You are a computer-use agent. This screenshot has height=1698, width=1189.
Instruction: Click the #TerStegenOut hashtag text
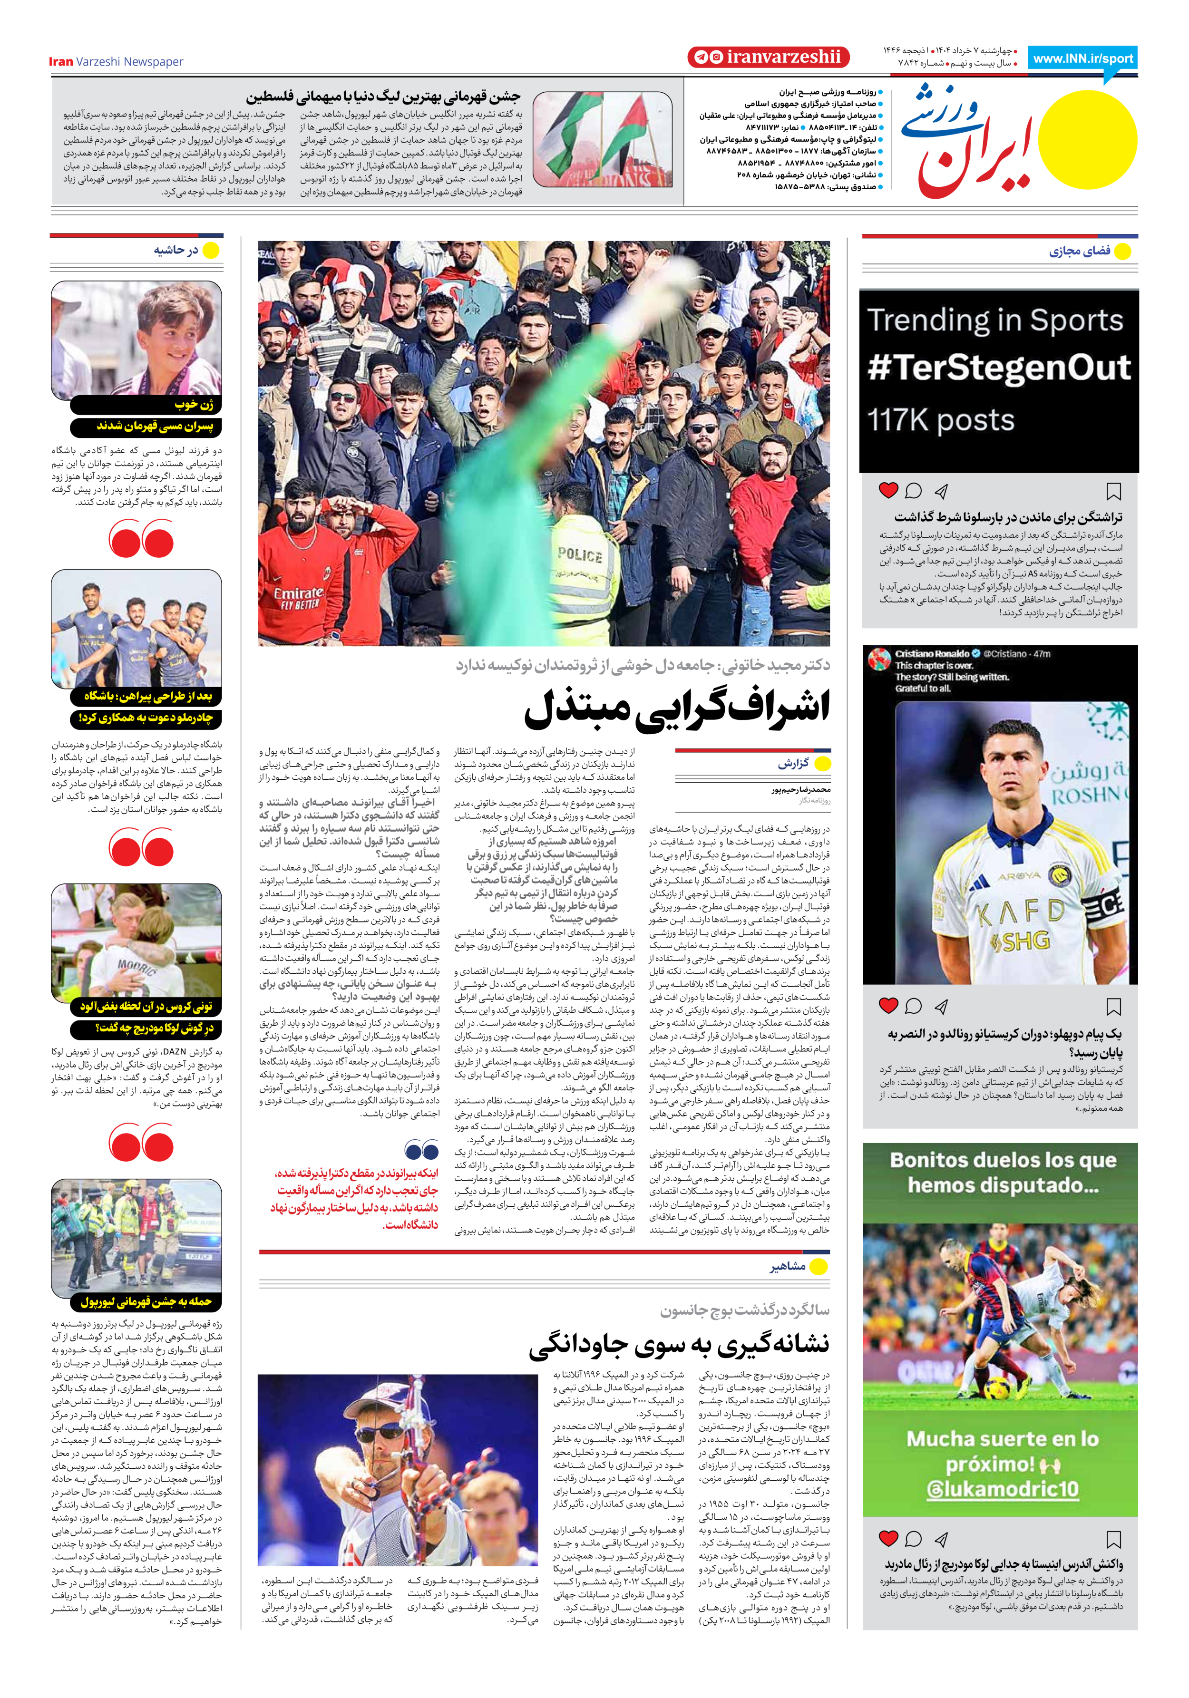tap(998, 368)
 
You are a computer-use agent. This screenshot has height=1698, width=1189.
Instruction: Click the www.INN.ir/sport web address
tap(1082, 58)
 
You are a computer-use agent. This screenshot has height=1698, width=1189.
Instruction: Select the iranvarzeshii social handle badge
tap(768, 57)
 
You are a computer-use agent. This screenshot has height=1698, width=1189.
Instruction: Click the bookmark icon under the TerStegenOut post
tap(1113, 491)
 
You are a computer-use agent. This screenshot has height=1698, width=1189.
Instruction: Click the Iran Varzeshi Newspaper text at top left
tap(116, 61)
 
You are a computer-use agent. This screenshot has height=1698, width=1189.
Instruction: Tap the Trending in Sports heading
tap(995, 320)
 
